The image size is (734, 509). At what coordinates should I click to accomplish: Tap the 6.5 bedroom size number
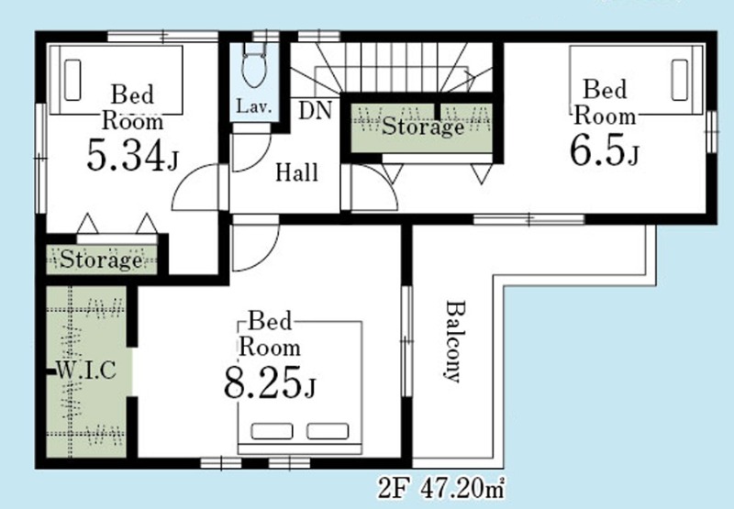click(597, 150)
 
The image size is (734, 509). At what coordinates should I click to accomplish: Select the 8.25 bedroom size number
click(263, 382)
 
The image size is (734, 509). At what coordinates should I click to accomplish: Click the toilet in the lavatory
click(254, 69)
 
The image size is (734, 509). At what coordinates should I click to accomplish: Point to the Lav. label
click(254, 106)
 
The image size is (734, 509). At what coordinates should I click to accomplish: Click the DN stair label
click(315, 111)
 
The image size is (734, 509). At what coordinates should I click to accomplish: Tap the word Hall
click(296, 172)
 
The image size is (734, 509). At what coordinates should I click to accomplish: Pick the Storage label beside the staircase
click(423, 127)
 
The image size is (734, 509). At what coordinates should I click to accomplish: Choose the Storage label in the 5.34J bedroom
click(101, 260)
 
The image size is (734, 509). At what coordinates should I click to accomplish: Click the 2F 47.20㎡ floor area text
click(441, 490)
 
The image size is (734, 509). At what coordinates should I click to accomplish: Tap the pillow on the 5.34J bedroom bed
click(72, 80)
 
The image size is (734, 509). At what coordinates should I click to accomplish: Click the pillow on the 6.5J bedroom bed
click(679, 80)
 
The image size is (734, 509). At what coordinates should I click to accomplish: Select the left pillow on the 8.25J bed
click(272, 431)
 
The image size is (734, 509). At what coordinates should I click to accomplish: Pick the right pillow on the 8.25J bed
click(328, 431)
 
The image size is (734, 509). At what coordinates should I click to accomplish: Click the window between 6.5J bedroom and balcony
click(529, 219)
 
